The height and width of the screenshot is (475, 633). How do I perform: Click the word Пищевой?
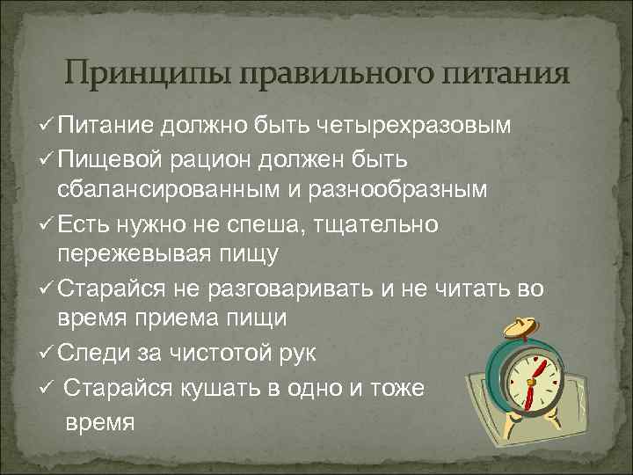[x=107, y=161]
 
